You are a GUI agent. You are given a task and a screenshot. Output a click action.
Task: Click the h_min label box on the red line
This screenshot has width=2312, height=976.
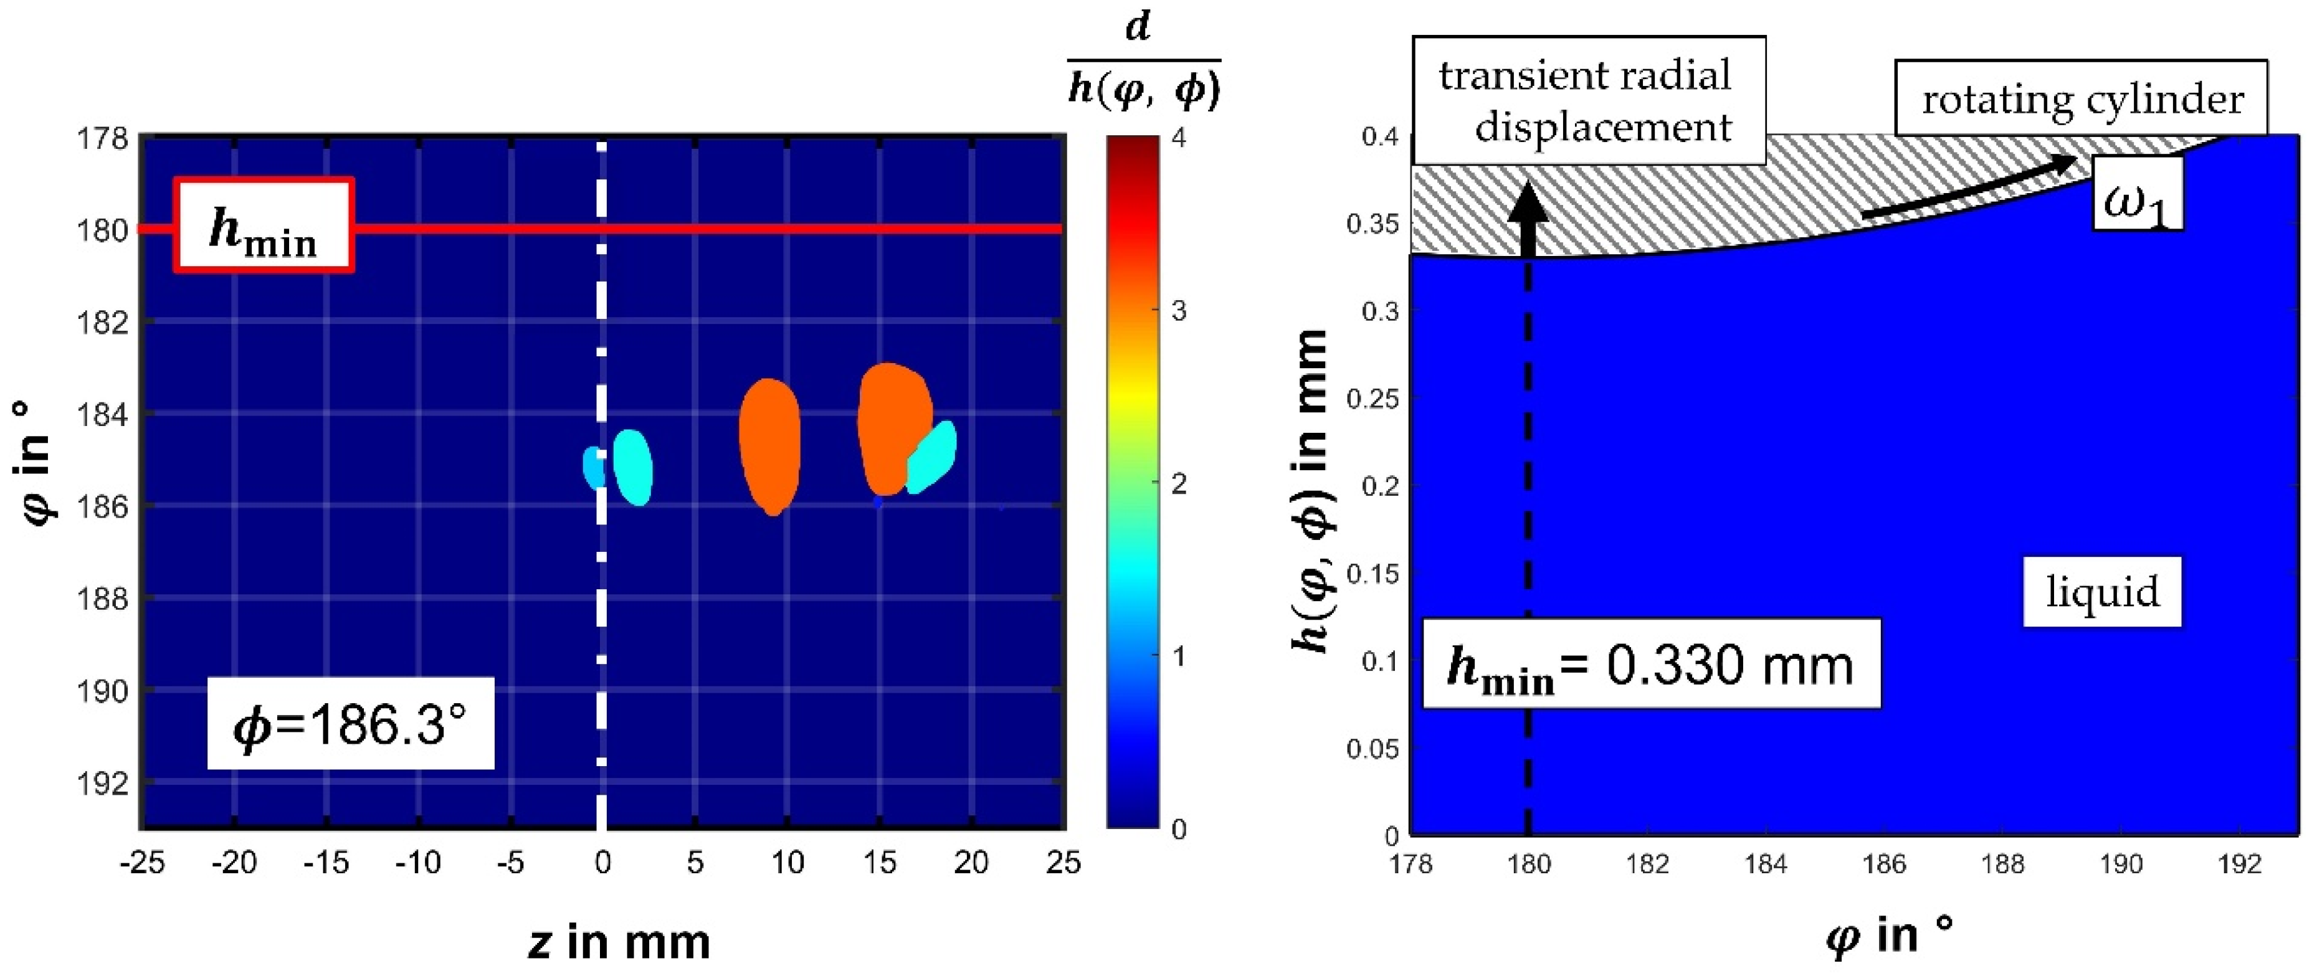coord(263,226)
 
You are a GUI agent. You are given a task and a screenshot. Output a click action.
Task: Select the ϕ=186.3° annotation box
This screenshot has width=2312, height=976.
coord(350,723)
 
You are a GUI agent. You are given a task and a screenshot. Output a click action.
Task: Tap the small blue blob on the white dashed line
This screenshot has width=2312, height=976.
coord(592,467)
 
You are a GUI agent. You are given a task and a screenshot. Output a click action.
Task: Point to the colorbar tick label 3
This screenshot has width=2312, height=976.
coord(1179,311)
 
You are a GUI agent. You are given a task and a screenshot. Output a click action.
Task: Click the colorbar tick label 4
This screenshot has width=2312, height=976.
coord(1179,138)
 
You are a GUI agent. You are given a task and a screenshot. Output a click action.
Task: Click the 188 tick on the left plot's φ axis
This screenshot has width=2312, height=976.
coord(103,599)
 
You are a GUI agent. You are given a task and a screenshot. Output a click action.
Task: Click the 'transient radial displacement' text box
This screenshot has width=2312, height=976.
coord(1587,100)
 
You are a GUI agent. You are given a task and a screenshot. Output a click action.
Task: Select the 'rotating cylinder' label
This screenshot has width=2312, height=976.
coord(2080,98)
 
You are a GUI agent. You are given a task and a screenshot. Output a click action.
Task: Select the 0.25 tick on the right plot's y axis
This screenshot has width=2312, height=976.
coord(1372,398)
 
